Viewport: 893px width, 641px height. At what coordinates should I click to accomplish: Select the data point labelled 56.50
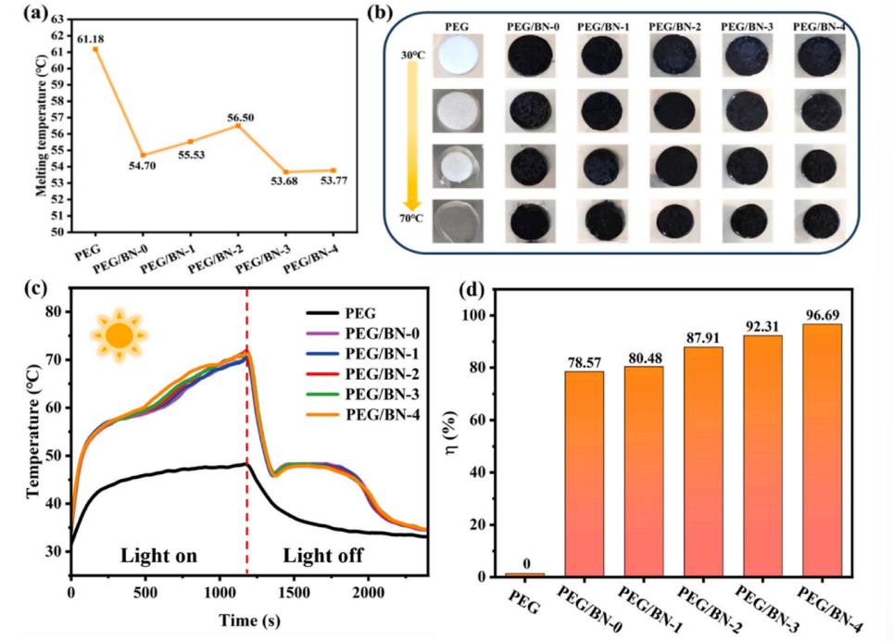tap(238, 125)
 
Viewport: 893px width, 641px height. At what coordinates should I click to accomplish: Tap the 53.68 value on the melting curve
tap(285, 172)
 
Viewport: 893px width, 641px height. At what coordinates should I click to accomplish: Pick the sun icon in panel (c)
tap(119, 333)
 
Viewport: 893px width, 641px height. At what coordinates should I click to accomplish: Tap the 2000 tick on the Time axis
tap(368, 590)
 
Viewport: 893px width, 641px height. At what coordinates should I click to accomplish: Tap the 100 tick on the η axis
tap(481, 316)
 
